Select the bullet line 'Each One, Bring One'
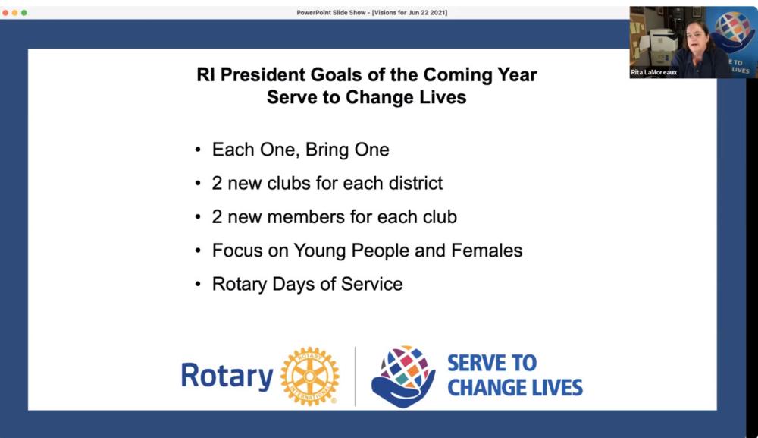point(300,150)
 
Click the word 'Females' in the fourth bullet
point(487,251)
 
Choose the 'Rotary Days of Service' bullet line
point(307,284)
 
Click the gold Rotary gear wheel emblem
point(309,376)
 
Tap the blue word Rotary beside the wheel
point(227,376)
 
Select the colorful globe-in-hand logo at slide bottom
point(402,377)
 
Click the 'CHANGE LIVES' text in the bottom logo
point(515,388)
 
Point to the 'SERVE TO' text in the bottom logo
point(492,363)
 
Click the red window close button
point(5,13)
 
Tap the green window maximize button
point(24,13)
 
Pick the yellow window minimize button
point(14,13)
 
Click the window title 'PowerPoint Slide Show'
point(330,13)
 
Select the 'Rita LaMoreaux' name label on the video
point(653,72)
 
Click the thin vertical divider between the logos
point(356,376)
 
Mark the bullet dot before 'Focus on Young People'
point(198,251)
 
